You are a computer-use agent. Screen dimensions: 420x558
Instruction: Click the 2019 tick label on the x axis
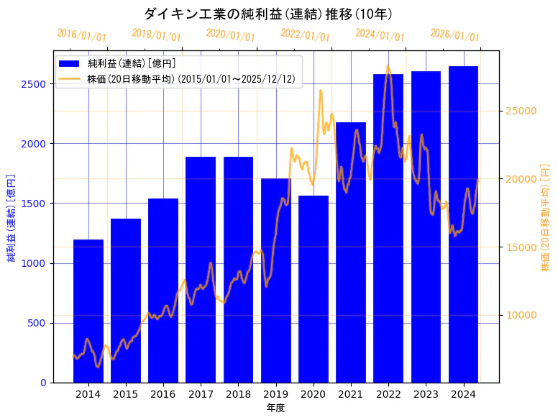[x=275, y=394]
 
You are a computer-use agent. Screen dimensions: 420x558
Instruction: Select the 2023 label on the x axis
[x=426, y=394]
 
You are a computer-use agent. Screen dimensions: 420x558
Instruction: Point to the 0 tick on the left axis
[x=44, y=383]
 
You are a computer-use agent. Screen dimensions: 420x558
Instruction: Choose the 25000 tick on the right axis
[x=519, y=111]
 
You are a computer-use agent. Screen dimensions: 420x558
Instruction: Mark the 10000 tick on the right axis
[x=519, y=315]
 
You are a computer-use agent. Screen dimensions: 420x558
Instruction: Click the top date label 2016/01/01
[x=81, y=35]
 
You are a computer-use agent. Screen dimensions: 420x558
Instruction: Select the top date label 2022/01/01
[x=305, y=35]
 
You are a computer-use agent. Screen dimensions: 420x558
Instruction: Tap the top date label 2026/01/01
[x=454, y=35]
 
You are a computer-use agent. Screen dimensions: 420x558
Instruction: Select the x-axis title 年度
[x=275, y=408]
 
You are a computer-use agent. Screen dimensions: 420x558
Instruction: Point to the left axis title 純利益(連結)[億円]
[x=12, y=218]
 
